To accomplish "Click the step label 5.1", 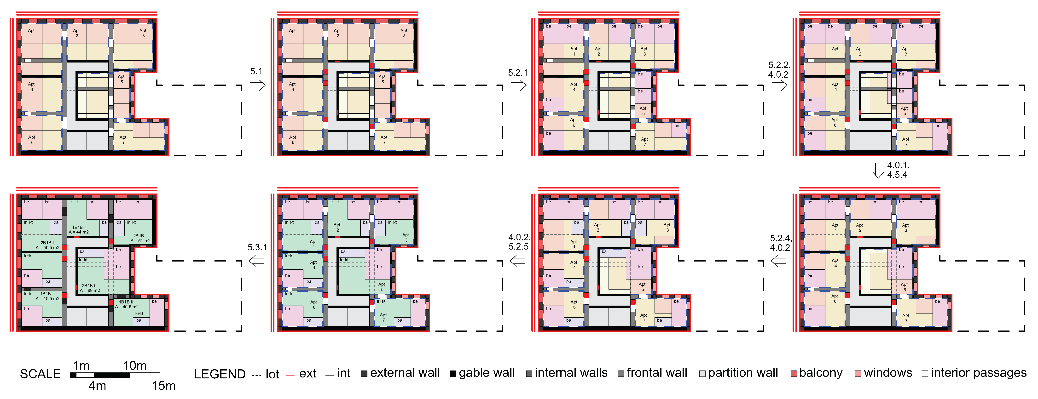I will pyautogui.click(x=256, y=71).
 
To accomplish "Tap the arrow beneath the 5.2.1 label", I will pyautogui.click(x=518, y=85).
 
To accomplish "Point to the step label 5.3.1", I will pyautogui.click(x=257, y=247).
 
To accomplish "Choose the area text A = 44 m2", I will pyautogui.click(x=79, y=232).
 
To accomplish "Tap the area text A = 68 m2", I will pyautogui.click(x=90, y=290).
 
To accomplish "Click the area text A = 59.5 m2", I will pyautogui.click(x=47, y=248).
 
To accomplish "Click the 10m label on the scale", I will pyautogui.click(x=135, y=365).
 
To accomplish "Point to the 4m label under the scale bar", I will pyautogui.click(x=97, y=386).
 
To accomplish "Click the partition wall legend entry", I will pyautogui.click(x=738, y=373).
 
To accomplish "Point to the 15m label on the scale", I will pyautogui.click(x=163, y=386).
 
